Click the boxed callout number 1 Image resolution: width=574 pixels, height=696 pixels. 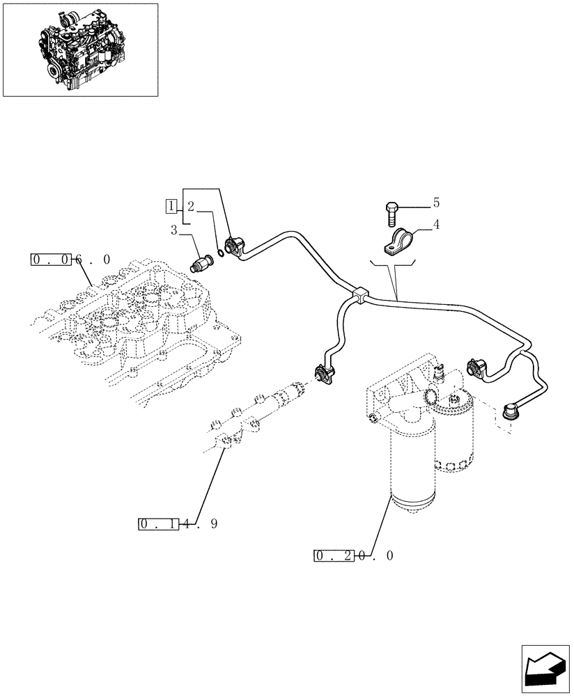(170, 205)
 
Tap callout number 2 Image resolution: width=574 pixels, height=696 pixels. (190, 206)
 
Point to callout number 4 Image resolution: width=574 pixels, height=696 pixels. (436, 225)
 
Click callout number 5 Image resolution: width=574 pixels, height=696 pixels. (436, 203)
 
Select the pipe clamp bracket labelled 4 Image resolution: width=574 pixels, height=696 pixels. (399, 243)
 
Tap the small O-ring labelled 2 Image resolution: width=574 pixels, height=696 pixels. (220, 251)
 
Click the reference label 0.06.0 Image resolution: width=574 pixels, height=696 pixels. (70, 260)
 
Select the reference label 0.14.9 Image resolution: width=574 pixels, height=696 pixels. (178, 524)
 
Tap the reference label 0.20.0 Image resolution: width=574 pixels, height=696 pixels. (354, 555)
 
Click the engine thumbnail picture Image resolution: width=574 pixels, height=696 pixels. (80, 49)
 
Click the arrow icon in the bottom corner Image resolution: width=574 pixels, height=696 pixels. (545, 670)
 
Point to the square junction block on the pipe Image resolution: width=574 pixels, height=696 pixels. (359, 295)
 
